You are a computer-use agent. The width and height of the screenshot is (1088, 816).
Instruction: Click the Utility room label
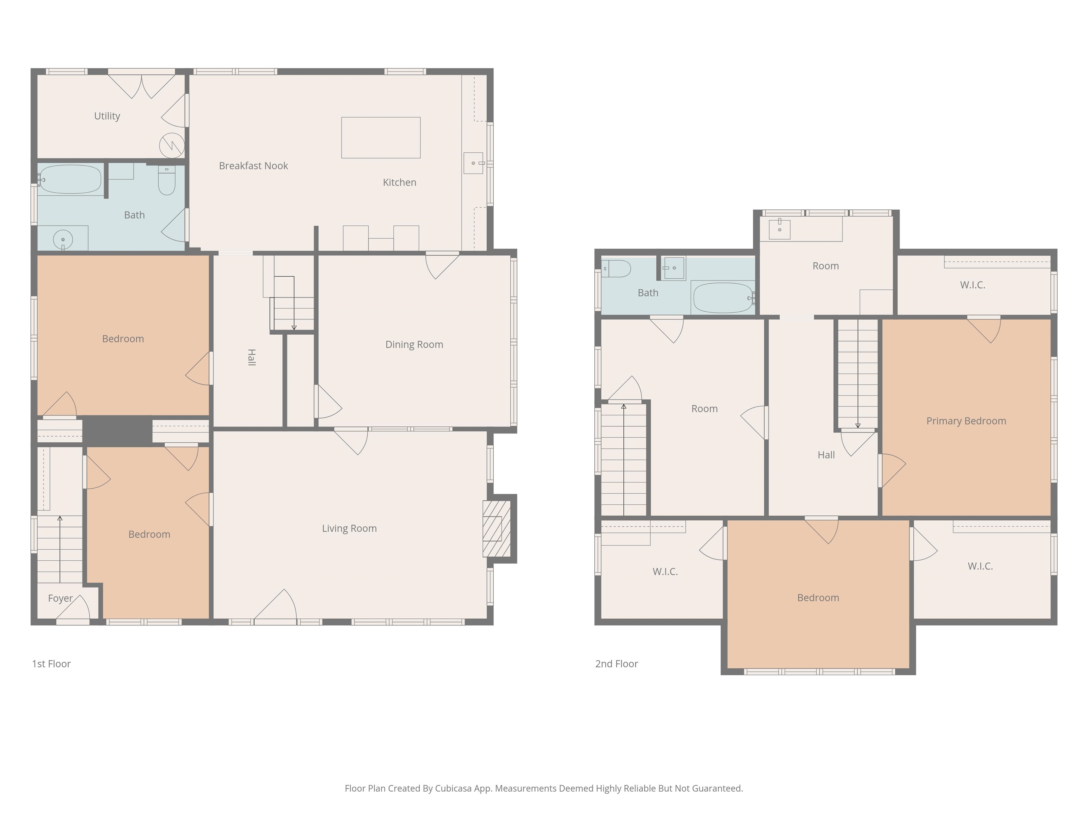(107, 116)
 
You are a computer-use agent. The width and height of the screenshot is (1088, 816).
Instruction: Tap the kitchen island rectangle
(381, 138)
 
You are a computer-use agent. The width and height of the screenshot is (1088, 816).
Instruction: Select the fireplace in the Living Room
(497, 529)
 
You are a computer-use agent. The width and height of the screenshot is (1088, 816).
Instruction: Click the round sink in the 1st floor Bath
(63, 239)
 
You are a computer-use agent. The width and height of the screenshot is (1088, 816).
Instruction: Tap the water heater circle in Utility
(172, 146)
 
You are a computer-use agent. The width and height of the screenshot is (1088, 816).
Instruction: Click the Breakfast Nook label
(253, 166)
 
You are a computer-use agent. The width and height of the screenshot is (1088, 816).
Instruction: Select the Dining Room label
(414, 344)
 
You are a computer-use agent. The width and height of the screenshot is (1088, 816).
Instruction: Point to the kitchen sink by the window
(473, 163)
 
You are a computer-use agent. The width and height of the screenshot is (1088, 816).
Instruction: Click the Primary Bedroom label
(966, 421)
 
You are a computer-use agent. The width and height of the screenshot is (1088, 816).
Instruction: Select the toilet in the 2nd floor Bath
(617, 268)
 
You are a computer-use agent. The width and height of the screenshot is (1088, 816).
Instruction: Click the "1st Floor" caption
(51, 663)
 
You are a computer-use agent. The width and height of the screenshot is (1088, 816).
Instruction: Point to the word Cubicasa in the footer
(453, 788)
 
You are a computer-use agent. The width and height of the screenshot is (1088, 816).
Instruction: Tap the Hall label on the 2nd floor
(826, 455)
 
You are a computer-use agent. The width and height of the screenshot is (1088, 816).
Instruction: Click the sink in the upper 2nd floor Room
(780, 229)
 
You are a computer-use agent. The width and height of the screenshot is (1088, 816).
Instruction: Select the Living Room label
(349, 528)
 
